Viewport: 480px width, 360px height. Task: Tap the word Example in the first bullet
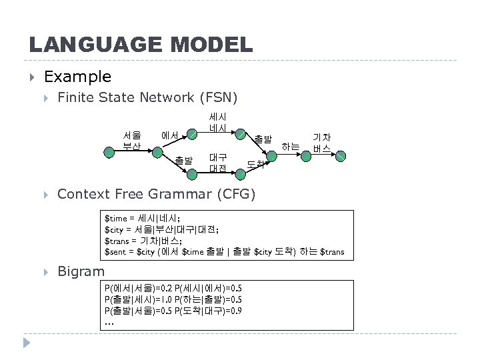[77, 77]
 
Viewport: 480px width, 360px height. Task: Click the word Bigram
[81, 271]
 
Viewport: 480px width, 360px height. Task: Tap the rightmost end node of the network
[341, 156]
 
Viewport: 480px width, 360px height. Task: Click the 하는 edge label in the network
[290, 146]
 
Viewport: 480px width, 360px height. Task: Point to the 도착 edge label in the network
[256, 163]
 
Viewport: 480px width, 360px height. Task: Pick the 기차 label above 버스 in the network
[322, 137]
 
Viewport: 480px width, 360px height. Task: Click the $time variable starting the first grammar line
[117, 217]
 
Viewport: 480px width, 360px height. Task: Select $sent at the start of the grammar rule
[117, 251]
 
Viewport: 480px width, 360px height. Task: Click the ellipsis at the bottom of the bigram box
[109, 323]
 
